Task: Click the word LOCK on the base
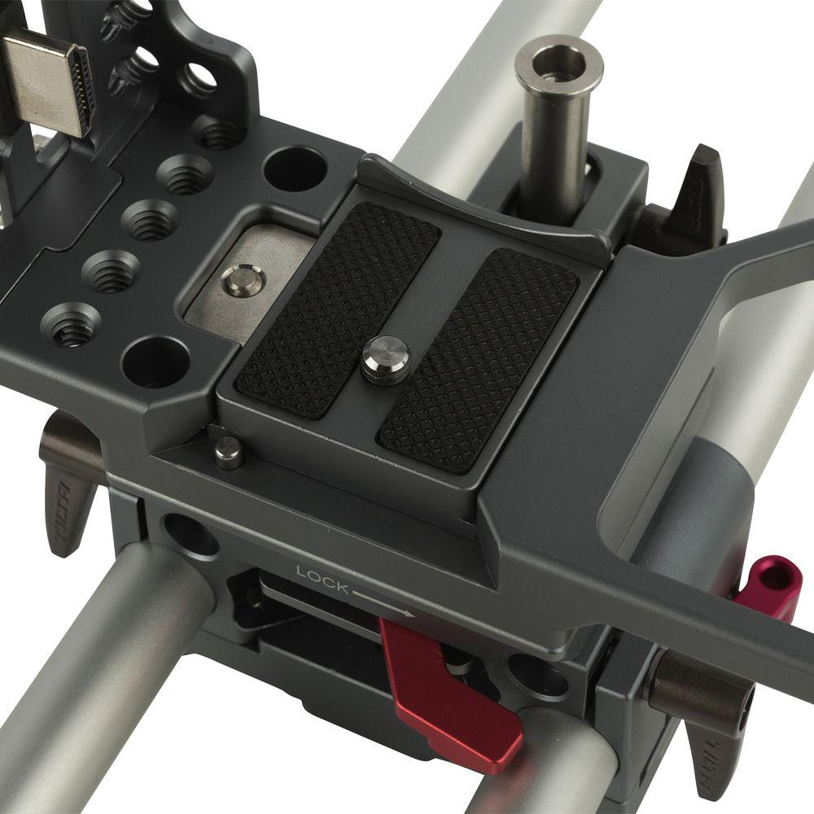click(322, 577)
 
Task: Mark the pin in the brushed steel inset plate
click(243, 281)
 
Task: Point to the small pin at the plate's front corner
click(228, 453)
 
